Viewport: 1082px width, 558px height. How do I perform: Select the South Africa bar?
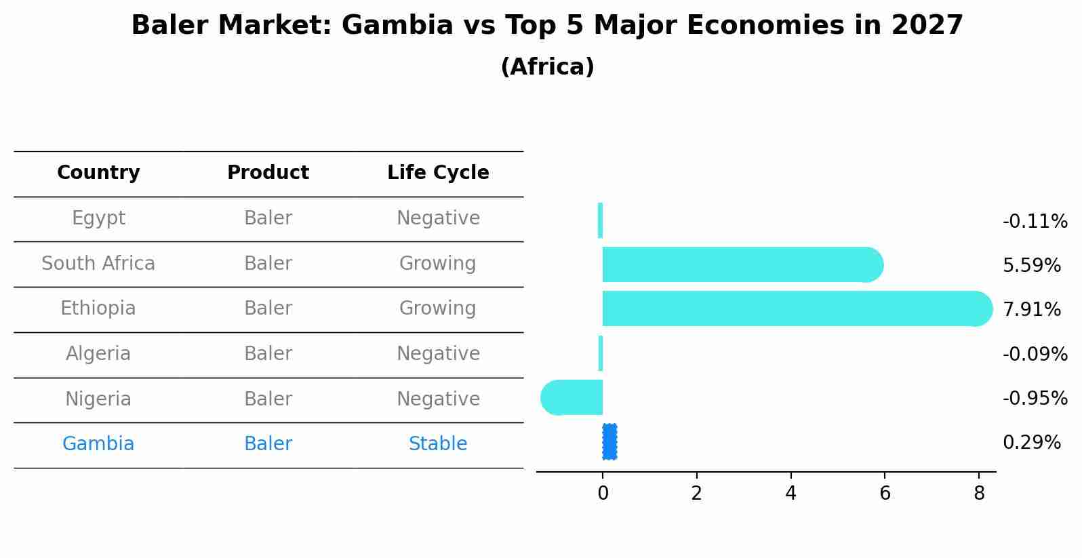(x=739, y=264)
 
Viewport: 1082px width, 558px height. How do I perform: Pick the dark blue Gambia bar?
(x=609, y=442)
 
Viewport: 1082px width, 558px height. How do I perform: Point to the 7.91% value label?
(x=1031, y=310)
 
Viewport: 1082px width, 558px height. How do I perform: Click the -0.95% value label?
(x=1035, y=399)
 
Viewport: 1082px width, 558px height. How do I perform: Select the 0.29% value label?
(x=1031, y=443)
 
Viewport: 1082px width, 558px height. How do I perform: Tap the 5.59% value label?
(x=1031, y=266)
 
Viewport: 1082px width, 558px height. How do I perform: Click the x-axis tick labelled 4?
(x=790, y=494)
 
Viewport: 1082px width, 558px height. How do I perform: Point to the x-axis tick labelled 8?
(x=978, y=494)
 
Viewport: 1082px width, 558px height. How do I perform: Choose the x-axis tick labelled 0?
(x=603, y=494)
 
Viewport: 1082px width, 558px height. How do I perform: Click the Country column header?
(x=98, y=173)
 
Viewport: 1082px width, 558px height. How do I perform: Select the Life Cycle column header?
(x=438, y=173)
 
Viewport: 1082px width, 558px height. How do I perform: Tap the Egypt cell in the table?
(x=98, y=218)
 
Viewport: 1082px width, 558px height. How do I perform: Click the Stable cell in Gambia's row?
(x=438, y=444)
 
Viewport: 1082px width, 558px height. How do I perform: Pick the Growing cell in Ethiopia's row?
(x=438, y=308)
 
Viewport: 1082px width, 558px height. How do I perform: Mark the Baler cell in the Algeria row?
(x=268, y=354)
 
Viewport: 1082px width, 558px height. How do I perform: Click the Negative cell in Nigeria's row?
(x=438, y=399)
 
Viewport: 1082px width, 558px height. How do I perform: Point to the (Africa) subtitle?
(x=547, y=67)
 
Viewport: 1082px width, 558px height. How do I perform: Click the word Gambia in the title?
(x=397, y=26)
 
